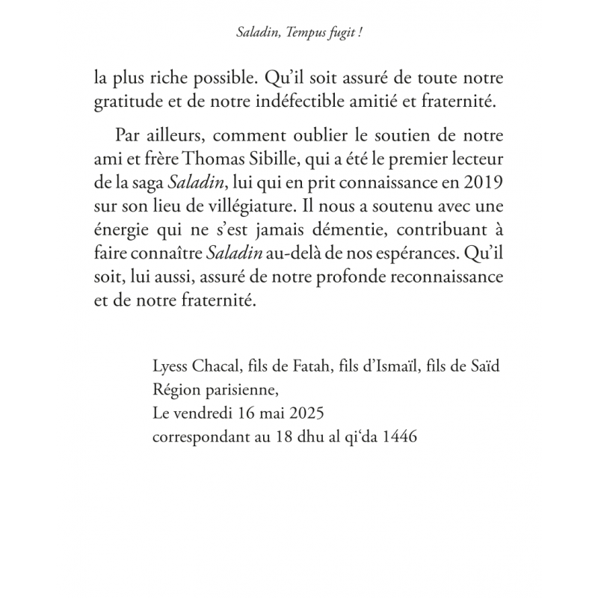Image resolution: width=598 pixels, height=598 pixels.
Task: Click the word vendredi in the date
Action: [207, 414]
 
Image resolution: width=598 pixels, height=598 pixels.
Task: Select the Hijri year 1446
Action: [400, 435]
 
